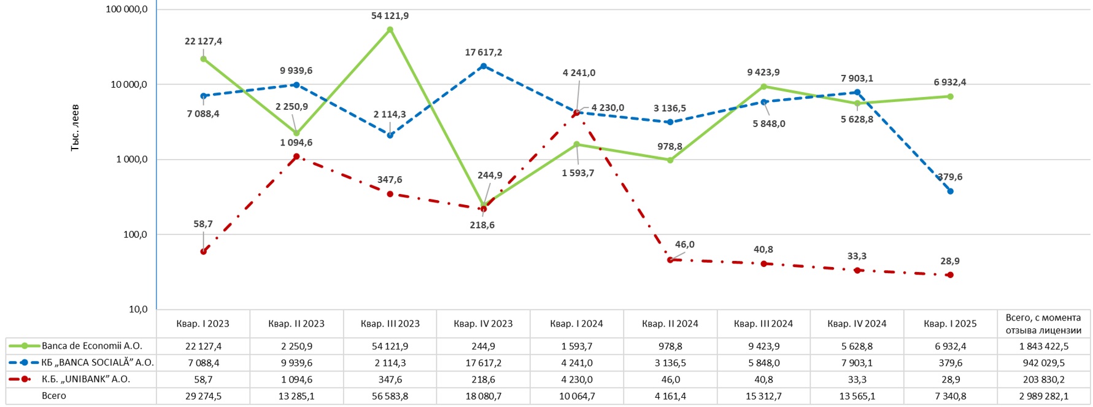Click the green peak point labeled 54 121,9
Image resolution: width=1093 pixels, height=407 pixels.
pos(390,29)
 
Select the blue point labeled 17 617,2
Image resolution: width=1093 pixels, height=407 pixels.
pos(484,66)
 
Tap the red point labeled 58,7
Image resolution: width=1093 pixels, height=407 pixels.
pos(203,252)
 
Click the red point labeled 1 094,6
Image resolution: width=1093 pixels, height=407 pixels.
pos(296,157)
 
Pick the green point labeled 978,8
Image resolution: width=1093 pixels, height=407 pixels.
pos(670,160)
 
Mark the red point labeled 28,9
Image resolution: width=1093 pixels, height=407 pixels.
pos(950,275)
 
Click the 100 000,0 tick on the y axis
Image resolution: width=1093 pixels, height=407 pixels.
pos(126,9)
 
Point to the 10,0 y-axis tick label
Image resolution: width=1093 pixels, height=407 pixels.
pos(137,309)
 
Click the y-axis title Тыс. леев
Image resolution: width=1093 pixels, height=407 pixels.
pos(75,128)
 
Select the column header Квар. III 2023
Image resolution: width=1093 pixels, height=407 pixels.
pos(390,324)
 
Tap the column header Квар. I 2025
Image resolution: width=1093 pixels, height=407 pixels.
pos(950,324)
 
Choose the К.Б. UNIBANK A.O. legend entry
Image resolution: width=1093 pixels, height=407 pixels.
pos(86,379)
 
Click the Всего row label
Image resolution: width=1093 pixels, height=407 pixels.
pos(54,396)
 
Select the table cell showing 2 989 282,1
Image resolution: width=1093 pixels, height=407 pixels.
pos(1044,396)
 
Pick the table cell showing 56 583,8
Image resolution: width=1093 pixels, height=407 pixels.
pos(390,396)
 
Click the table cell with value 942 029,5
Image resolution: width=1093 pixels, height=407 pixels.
pos(1044,363)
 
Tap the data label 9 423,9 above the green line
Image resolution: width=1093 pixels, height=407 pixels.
pos(763,72)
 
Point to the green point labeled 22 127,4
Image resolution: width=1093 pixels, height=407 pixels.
pos(203,59)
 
